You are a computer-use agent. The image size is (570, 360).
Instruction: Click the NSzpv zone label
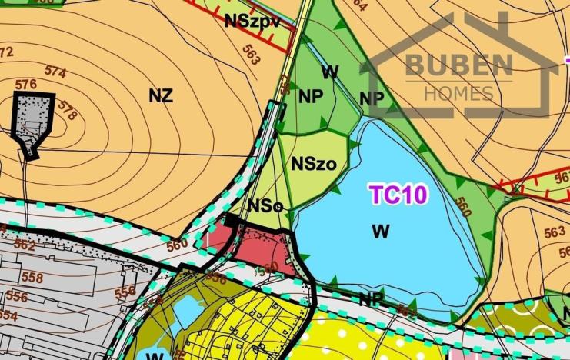[x=252, y=21]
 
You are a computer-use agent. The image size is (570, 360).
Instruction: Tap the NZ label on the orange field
[x=161, y=96]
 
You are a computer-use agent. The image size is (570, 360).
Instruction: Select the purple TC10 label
[x=398, y=195]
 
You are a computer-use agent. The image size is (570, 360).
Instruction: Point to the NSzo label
[x=313, y=163]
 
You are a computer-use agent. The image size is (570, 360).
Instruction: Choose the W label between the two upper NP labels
[x=331, y=72]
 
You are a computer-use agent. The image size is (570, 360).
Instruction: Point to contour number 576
[x=25, y=84]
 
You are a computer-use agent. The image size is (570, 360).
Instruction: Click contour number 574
[x=55, y=71]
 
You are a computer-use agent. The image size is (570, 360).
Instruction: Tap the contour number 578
[x=67, y=112]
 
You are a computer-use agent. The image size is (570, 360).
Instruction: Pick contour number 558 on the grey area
[x=32, y=278]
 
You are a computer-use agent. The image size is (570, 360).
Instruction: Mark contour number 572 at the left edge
[x=6, y=52]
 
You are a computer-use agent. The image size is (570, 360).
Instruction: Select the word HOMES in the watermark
[x=459, y=93]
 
